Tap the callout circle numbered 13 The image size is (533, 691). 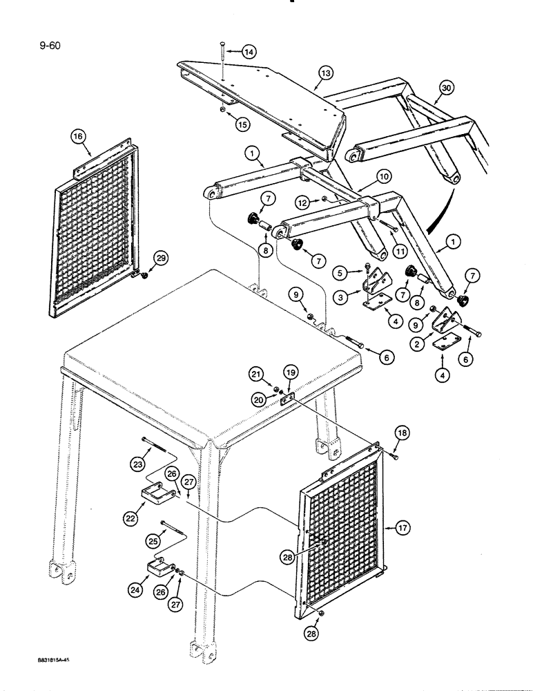pyautogui.click(x=326, y=72)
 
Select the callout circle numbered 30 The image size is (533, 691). pyautogui.click(x=447, y=88)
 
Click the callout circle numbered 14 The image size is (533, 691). pyautogui.click(x=248, y=52)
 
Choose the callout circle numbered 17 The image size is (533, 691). pyautogui.click(x=405, y=529)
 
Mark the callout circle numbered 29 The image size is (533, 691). pyautogui.click(x=162, y=258)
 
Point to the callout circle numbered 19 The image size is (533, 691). pyautogui.click(x=290, y=372)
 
